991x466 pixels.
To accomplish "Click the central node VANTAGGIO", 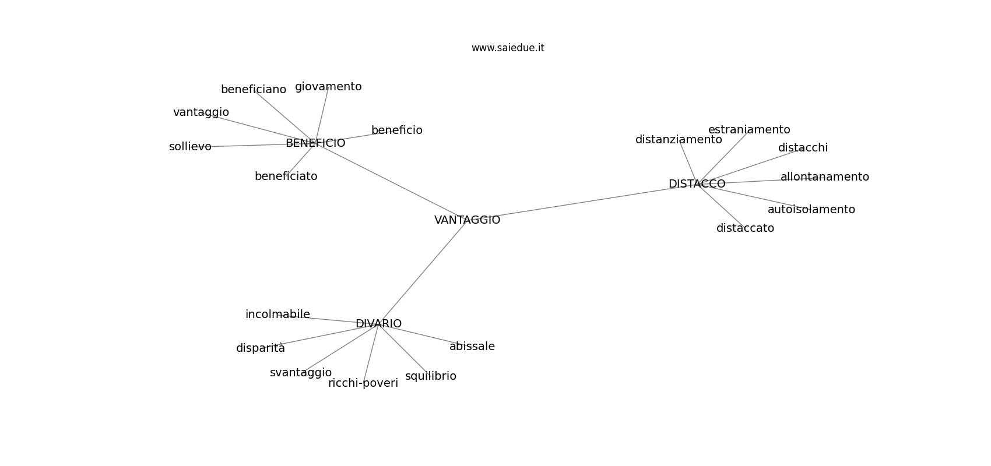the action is click(x=467, y=220).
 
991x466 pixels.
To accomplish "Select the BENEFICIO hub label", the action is click(x=315, y=143).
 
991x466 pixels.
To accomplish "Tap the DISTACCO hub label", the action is click(x=697, y=184).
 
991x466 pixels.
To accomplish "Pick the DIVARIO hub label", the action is click(x=379, y=324).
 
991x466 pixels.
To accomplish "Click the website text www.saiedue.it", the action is click(x=508, y=48).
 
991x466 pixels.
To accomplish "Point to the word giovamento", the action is click(x=328, y=87).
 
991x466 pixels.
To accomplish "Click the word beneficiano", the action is click(x=254, y=89).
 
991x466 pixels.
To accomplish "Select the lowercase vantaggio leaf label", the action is click(x=201, y=113).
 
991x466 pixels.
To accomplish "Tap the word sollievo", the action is click(x=190, y=146).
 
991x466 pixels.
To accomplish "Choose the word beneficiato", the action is click(x=286, y=176).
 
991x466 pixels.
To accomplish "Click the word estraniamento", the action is click(x=749, y=129).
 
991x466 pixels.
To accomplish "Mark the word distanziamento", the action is click(x=679, y=140).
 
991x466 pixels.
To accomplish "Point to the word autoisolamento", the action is click(x=811, y=209).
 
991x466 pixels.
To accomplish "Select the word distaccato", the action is click(x=745, y=228).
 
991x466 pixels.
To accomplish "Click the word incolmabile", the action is click(x=278, y=315).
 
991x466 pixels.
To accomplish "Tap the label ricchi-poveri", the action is click(x=363, y=383).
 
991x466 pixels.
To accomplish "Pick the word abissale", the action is click(x=472, y=346).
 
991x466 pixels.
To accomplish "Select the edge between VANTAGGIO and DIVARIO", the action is click(x=423, y=272).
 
